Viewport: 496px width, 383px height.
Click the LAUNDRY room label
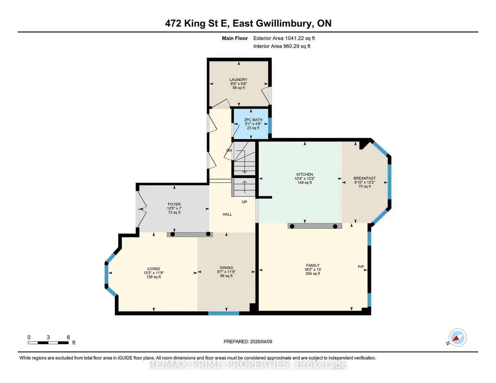pos(238,80)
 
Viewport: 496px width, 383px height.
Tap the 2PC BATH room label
pos(253,120)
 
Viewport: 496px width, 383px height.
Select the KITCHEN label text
pos(304,174)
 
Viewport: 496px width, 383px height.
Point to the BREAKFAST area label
pos(364,178)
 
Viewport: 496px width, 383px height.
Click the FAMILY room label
pos(312,265)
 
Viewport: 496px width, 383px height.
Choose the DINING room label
pos(226,268)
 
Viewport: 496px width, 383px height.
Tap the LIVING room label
pos(154,269)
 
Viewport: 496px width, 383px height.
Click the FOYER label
pos(174,204)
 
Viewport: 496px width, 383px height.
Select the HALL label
pos(227,214)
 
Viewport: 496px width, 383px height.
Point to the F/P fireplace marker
pos(361,267)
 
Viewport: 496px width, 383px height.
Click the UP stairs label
pos(244,202)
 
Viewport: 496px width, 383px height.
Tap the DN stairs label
pos(229,151)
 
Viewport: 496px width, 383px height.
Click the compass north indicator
pos(457,338)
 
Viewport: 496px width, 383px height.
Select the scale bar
pos(48,343)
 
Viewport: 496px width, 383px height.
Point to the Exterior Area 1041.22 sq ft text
pos(284,38)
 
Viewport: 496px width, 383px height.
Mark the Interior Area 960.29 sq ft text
pos(282,46)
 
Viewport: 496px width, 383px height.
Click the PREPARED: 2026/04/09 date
pos(248,341)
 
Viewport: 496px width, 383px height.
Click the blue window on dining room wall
pos(224,313)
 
